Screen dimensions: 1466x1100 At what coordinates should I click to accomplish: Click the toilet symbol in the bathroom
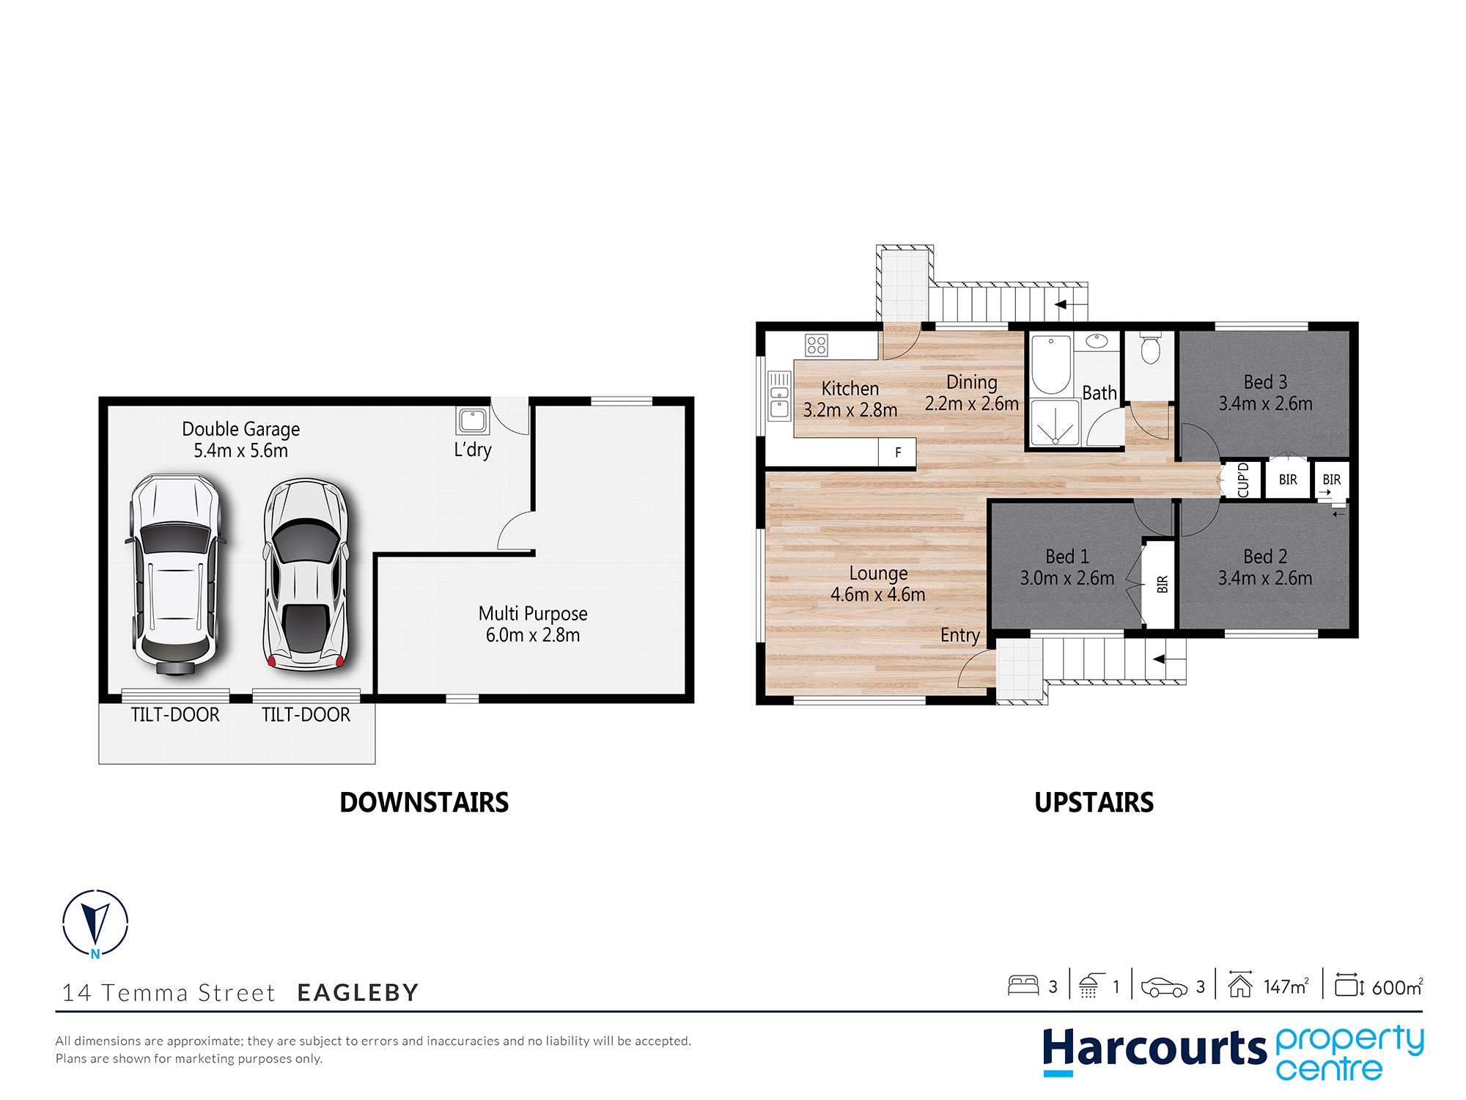click(x=1151, y=349)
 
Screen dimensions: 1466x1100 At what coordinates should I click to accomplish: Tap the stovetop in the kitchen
click(x=817, y=345)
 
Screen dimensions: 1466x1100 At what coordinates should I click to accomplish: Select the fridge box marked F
click(x=897, y=452)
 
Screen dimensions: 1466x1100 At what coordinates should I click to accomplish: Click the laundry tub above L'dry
click(x=473, y=421)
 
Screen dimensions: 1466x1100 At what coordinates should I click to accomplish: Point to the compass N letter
click(x=95, y=954)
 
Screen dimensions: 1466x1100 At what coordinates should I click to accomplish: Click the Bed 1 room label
click(x=1067, y=568)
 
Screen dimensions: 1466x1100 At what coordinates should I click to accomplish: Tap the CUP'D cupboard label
click(x=1242, y=480)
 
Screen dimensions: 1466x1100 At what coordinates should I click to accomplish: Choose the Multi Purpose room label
click(x=533, y=624)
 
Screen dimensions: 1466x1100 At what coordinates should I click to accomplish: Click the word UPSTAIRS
click(x=1094, y=802)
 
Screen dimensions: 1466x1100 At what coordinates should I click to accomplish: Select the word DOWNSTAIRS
click(x=424, y=802)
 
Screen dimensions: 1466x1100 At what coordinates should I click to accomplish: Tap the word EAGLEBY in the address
click(x=358, y=992)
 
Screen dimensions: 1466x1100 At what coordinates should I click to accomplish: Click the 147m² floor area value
click(x=1286, y=986)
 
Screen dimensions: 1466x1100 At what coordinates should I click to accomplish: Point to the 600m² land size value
click(x=1397, y=986)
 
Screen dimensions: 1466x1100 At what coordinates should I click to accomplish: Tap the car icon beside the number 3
click(x=1164, y=987)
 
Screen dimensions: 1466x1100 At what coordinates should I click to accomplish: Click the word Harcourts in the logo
click(x=1154, y=1049)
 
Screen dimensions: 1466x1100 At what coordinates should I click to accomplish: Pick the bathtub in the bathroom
click(x=1051, y=365)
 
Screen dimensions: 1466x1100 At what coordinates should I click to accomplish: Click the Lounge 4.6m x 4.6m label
click(x=878, y=584)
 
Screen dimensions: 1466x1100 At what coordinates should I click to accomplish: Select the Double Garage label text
click(x=240, y=439)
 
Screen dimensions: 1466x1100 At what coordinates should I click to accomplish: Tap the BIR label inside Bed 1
click(x=1163, y=584)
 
